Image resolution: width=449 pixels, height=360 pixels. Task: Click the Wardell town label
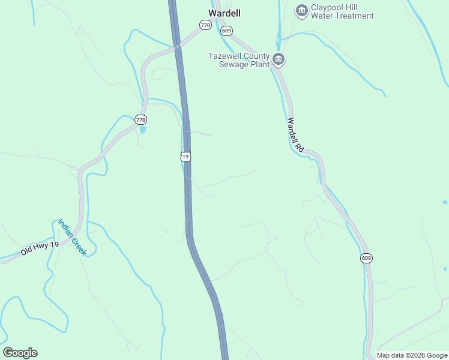(220, 13)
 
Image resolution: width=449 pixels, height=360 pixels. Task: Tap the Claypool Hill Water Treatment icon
(301, 10)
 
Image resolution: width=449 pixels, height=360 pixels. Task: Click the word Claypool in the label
(328, 7)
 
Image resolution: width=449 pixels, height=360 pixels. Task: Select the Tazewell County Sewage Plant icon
(279, 59)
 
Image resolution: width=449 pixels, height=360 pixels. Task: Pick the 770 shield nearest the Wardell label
(206, 25)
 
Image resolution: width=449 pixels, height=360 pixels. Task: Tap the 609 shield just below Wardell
(226, 30)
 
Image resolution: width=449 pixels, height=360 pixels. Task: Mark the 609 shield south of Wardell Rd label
(367, 258)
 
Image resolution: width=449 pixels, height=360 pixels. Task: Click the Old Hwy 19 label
(40, 248)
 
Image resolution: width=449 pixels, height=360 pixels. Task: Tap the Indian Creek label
(72, 238)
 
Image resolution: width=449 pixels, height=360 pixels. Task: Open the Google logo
(20, 353)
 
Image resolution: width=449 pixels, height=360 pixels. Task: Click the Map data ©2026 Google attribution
(412, 355)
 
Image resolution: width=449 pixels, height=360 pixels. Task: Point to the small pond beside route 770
(142, 129)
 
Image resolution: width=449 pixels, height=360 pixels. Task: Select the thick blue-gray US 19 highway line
(188, 198)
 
